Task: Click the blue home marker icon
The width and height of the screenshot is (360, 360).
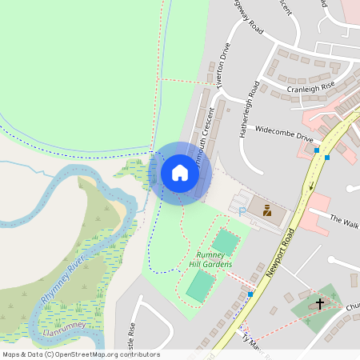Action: pos(180,173)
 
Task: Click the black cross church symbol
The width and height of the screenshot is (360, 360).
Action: pos(320,303)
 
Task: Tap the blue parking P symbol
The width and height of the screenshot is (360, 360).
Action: pos(242,210)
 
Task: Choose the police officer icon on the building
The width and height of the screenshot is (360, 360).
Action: pos(267,212)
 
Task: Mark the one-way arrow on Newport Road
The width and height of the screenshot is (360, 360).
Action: pos(311,187)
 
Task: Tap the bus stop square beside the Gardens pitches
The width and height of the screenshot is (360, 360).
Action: pos(250,294)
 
